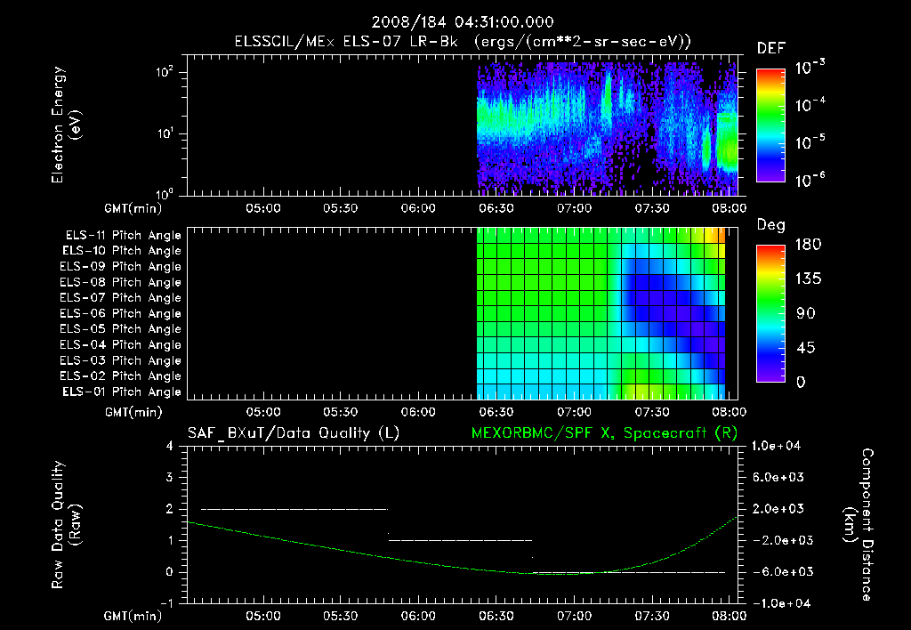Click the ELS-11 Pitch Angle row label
coord(123,235)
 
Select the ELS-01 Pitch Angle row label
coord(123,392)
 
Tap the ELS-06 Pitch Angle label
coord(123,313)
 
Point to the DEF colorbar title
coord(770,48)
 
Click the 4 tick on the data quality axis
coord(169,446)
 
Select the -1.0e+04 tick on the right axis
coord(779,603)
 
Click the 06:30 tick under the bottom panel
coord(496,615)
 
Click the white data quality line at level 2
coord(294,509)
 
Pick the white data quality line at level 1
coord(460,540)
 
